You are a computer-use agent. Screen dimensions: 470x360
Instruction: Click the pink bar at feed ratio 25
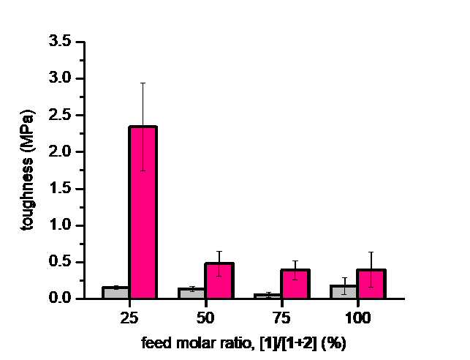(143, 212)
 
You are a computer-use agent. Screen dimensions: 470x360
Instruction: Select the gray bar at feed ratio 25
(115, 293)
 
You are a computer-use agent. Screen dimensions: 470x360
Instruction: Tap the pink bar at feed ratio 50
(219, 281)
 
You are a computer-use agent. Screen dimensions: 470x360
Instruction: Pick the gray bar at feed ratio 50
(192, 293)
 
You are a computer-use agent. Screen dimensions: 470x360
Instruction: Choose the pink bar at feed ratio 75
(295, 284)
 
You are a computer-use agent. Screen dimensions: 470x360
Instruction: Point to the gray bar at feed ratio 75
(268, 296)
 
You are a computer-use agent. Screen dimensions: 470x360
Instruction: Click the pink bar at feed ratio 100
(371, 284)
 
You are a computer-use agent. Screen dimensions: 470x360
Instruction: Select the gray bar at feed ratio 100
(344, 292)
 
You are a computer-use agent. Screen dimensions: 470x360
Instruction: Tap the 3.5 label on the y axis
(60, 42)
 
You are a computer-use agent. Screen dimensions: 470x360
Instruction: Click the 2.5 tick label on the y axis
(60, 115)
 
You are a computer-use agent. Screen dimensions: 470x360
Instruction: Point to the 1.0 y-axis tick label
(60, 225)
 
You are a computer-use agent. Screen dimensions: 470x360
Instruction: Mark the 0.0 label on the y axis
(60, 299)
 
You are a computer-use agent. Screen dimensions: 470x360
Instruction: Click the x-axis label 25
(129, 318)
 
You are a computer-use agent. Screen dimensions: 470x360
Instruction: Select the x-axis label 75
(281, 318)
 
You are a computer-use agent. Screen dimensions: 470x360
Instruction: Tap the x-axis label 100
(358, 318)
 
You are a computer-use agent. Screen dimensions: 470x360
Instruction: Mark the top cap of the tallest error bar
(143, 83)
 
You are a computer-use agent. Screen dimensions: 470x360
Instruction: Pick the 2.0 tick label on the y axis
(60, 151)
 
